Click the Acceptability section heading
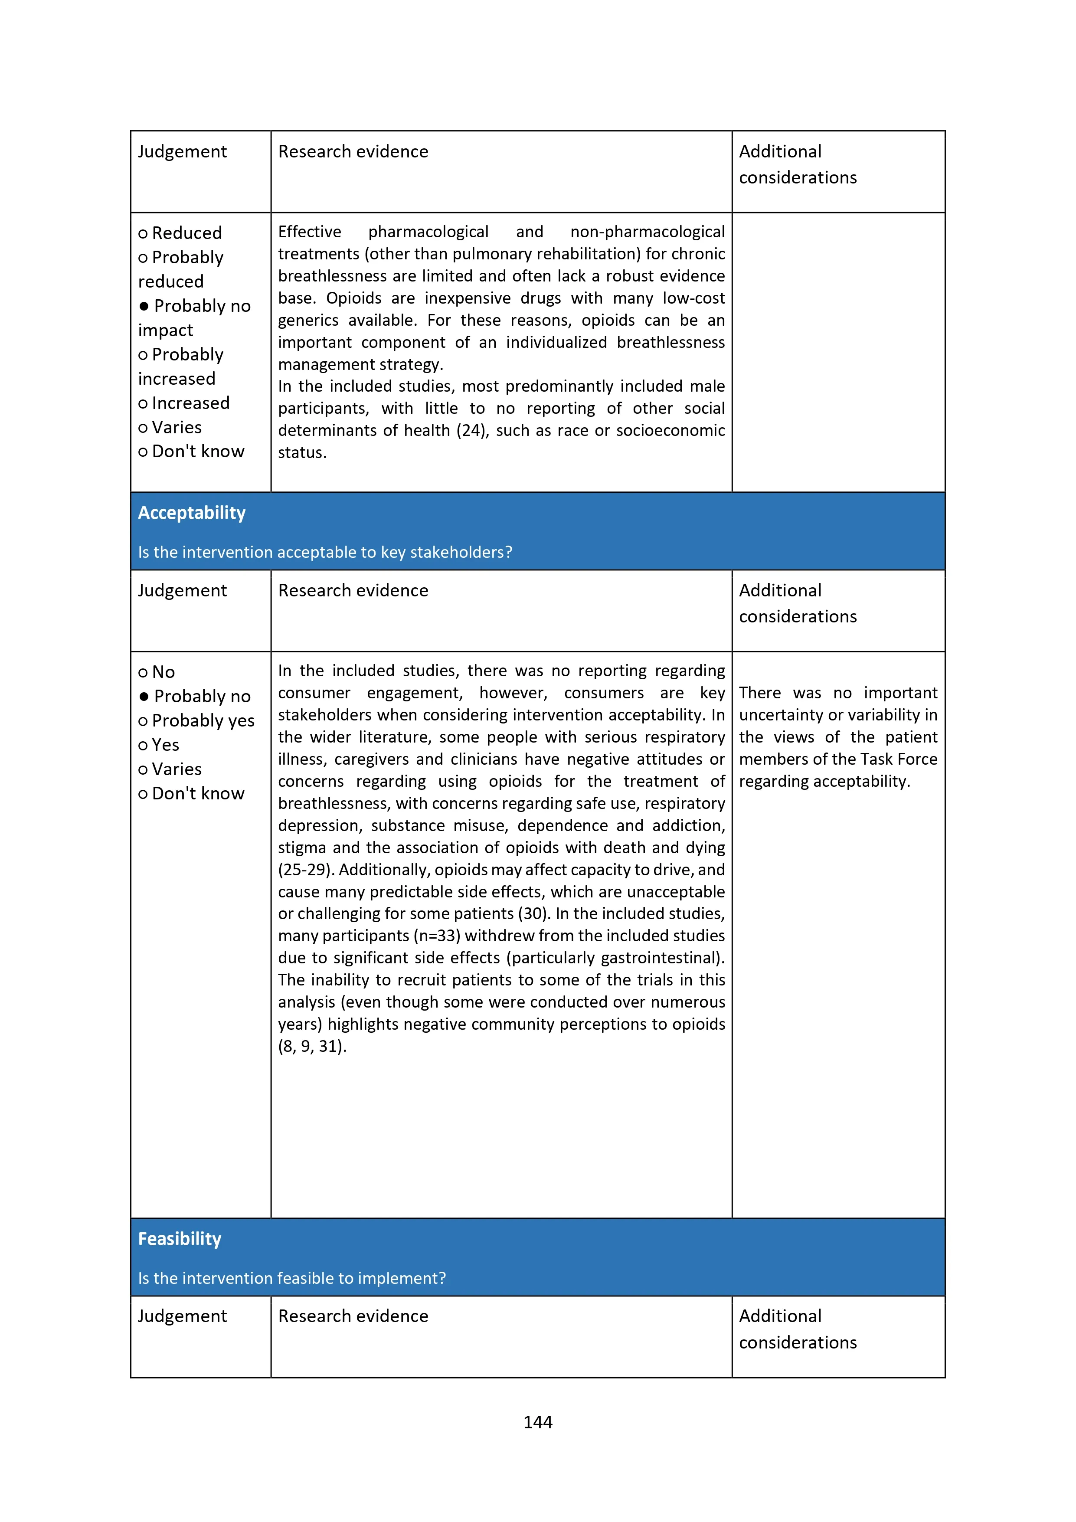coord(192,513)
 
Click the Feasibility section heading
coord(180,1239)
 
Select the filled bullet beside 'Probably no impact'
coord(144,306)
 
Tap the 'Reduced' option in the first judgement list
coord(186,233)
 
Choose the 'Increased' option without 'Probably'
coord(190,403)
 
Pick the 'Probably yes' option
coord(202,720)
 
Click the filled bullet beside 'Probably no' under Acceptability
coord(144,697)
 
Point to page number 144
coord(538,1422)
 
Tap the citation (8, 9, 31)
coord(311,1046)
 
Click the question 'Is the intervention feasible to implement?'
coord(292,1278)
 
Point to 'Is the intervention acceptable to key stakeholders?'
coord(325,552)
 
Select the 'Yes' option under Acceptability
coord(165,745)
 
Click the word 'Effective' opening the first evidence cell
coord(310,232)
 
